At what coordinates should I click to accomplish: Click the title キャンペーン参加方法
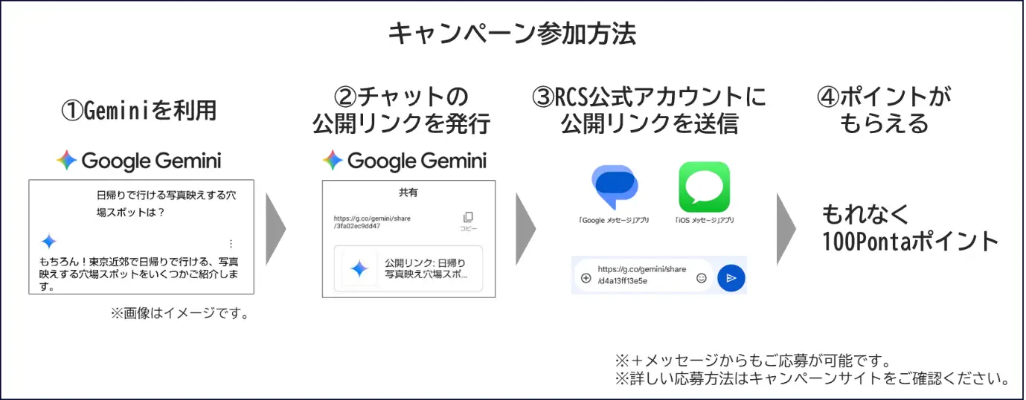512,34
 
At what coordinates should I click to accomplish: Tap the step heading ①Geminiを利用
139,111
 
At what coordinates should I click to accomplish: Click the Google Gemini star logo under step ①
66,160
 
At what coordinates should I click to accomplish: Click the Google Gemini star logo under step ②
333,160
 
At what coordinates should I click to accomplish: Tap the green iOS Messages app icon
705,187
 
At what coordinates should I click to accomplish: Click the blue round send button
731,278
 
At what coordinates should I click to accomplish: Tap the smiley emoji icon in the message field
702,278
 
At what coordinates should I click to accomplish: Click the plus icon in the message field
586,278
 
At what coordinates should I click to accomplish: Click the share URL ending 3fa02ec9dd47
372,222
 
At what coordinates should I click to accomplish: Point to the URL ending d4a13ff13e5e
641,275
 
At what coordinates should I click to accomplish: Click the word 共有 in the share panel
408,193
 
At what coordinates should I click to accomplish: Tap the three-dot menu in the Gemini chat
231,243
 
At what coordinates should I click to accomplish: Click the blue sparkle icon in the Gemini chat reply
49,241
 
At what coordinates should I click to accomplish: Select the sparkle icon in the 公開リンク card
359,268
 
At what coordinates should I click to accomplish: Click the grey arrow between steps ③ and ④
786,229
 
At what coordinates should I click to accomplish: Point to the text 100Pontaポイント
910,241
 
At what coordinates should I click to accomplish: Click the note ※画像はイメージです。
180,314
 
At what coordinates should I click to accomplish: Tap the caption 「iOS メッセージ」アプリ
705,221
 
